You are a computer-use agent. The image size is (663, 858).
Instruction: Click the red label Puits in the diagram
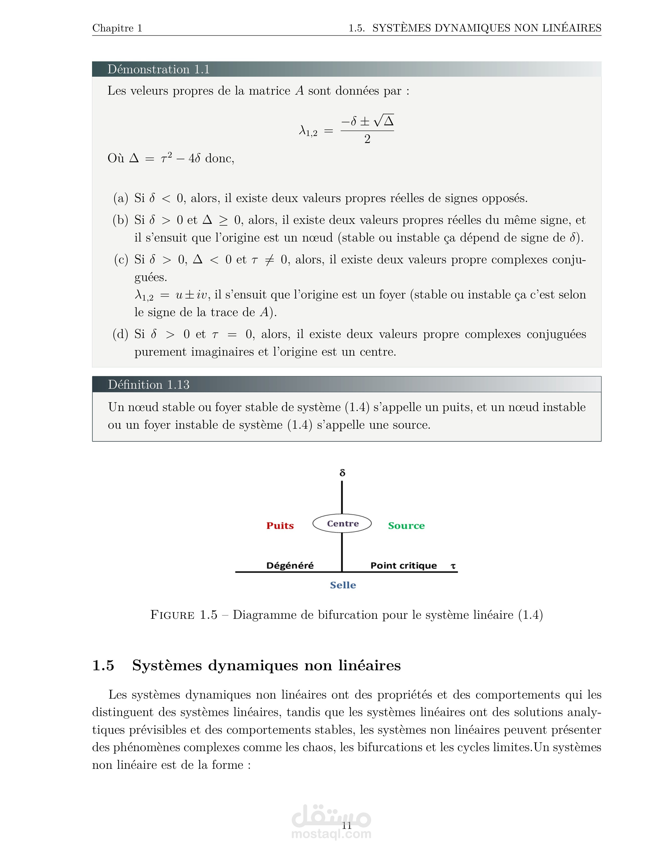280,526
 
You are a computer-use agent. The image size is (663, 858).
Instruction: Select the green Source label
406,526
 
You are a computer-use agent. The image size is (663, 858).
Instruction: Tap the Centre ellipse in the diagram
342,523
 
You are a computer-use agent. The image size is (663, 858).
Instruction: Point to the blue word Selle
343,585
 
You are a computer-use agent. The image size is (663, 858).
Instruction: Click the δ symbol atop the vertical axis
342,473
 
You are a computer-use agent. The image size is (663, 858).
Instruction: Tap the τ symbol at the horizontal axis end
453,566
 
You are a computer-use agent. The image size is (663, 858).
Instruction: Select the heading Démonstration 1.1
158,69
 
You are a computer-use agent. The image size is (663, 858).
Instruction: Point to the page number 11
346,826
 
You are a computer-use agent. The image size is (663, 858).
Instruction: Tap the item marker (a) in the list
121,198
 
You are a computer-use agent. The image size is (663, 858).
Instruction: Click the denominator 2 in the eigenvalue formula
367,139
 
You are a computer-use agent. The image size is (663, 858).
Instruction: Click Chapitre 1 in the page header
117,28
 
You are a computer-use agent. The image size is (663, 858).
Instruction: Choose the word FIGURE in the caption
172,615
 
